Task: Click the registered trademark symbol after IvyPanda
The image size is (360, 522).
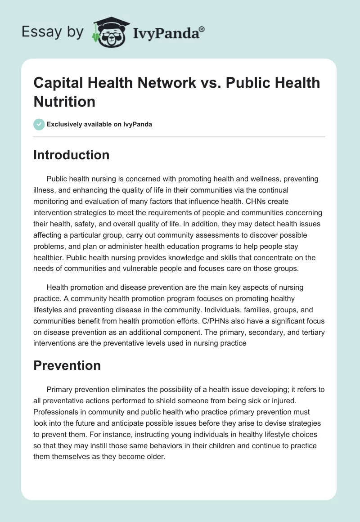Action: [x=202, y=29]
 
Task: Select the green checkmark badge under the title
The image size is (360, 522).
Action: [x=39, y=124]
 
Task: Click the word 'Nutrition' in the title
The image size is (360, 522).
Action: [x=64, y=101]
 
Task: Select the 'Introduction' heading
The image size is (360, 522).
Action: [x=72, y=155]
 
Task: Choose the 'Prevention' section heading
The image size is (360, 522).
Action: [x=67, y=365]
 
